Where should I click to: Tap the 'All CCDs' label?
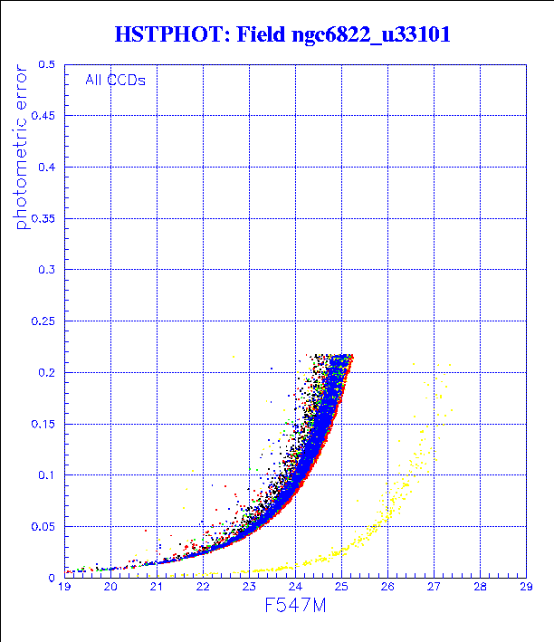tap(115, 80)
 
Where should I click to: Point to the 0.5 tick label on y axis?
tap(47, 65)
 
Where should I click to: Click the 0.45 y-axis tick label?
tap(43, 116)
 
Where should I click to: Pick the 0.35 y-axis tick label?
tap(43, 218)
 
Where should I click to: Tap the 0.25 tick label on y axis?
tap(43, 321)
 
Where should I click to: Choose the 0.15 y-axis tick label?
tap(43, 423)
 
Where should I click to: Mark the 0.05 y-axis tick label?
tap(43, 526)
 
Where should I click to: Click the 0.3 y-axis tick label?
tap(47, 270)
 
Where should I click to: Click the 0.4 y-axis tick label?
tap(47, 168)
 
